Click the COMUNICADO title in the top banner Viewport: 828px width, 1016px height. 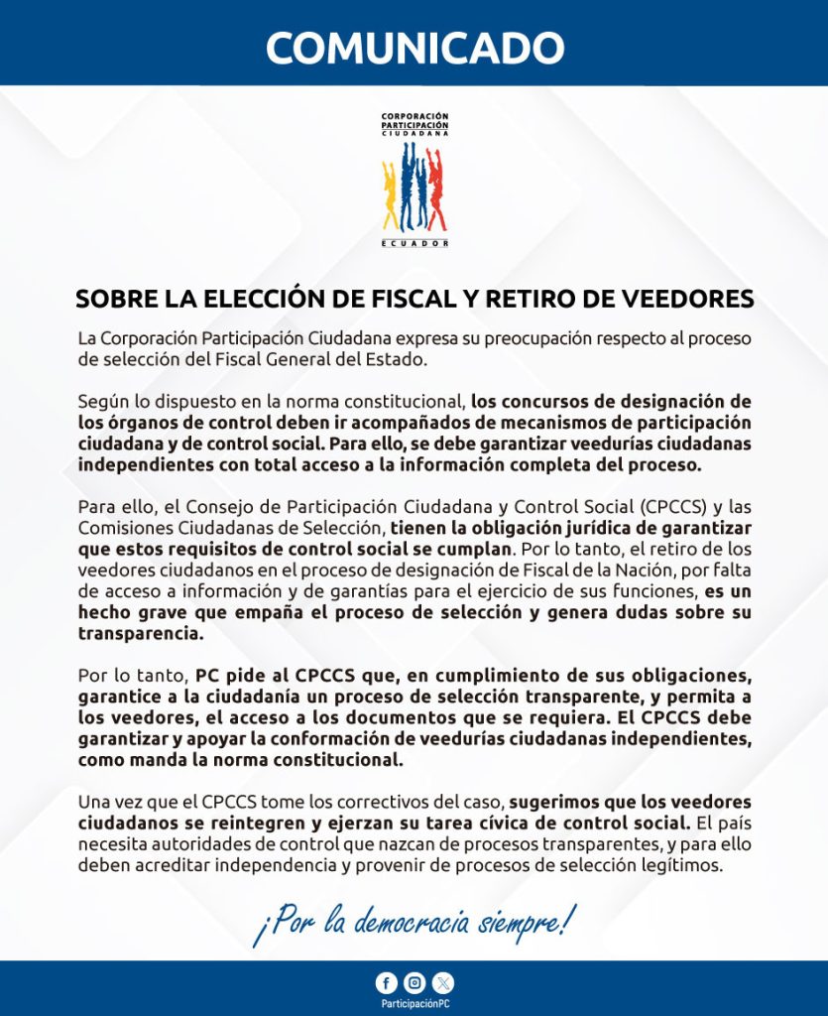pyautogui.click(x=414, y=48)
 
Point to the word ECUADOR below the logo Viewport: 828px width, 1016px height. pyautogui.click(x=414, y=243)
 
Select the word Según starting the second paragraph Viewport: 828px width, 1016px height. pyautogui.click(x=102, y=402)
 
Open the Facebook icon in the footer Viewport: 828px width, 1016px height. pyautogui.click(x=385, y=983)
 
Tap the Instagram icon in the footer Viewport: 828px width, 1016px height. pyautogui.click(x=414, y=983)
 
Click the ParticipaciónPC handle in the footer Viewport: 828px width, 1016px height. pyautogui.click(x=414, y=1004)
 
